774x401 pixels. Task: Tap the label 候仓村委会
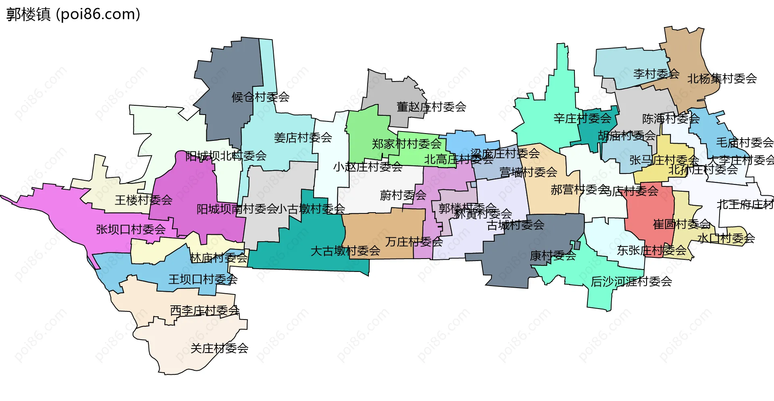260,97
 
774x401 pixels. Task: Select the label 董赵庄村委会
431,107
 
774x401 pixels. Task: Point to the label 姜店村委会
303,138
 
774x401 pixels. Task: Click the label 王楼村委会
144,200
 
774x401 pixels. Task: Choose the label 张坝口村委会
131,230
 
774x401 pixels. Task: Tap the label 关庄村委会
219,349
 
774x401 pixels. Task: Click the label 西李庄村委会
205,311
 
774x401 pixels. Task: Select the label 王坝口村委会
203,279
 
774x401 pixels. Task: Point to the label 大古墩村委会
345,251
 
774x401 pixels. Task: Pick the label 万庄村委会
414,242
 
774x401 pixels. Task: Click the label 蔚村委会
403,196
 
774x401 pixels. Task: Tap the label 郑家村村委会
406,144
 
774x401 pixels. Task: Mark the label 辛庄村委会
582,119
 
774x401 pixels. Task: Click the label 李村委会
656,74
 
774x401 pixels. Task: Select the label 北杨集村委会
722,79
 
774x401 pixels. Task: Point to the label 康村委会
553,256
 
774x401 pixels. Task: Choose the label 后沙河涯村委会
631,282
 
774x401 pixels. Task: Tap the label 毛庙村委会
745,142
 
